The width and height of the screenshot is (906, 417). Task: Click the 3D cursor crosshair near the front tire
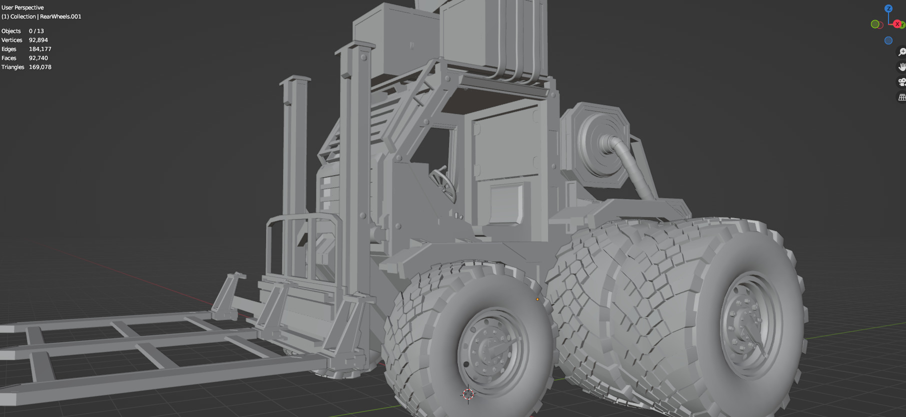[x=468, y=394]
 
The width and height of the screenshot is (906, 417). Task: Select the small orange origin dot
[x=537, y=299]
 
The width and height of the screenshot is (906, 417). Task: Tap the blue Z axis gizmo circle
[x=888, y=8]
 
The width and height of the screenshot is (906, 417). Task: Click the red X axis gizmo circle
[x=897, y=24]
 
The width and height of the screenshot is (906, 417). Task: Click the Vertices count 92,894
[x=38, y=40]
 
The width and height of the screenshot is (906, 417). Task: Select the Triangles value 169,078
[x=40, y=67]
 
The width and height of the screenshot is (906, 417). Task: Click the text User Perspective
[x=22, y=7]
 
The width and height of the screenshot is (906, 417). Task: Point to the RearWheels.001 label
[x=60, y=16]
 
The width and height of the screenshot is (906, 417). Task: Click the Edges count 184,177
[x=40, y=49]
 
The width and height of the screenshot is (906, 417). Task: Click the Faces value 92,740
[x=38, y=58]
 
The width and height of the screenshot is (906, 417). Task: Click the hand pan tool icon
[x=902, y=67]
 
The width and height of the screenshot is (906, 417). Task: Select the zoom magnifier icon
[x=902, y=52]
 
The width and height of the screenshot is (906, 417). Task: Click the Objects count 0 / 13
[x=36, y=31]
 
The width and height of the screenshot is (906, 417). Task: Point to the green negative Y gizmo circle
[x=875, y=24]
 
